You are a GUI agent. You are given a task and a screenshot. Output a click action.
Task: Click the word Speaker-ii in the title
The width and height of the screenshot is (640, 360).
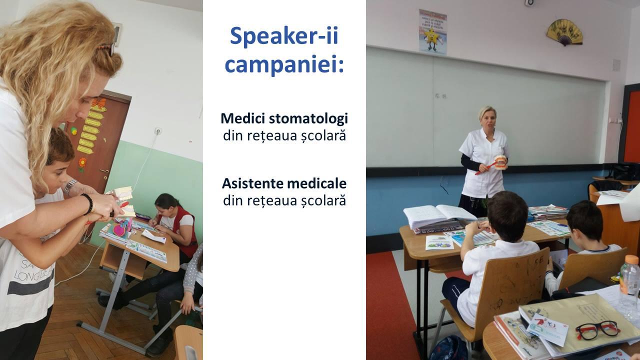[x=284, y=36]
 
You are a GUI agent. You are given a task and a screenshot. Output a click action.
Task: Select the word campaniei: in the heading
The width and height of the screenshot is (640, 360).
[x=284, y=64]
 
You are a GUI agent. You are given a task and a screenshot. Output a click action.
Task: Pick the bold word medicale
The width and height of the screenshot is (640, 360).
[x=308, y=183]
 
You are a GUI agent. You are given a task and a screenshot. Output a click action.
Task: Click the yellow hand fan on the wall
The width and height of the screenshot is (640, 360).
[x=564, y=32]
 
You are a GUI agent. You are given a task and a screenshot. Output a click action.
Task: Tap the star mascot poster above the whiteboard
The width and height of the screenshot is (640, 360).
[x=433, y=32]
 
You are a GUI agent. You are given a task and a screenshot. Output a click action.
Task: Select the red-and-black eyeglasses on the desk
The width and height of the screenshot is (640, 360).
[x=597, y=330]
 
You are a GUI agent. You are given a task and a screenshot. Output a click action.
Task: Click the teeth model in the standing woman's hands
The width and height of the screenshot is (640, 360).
[x=501, y=162]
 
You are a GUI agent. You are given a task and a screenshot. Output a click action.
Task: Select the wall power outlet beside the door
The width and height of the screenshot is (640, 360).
[x=158, y=131]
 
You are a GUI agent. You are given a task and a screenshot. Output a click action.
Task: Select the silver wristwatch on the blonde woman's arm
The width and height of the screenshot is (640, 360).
[x=70, y=186]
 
